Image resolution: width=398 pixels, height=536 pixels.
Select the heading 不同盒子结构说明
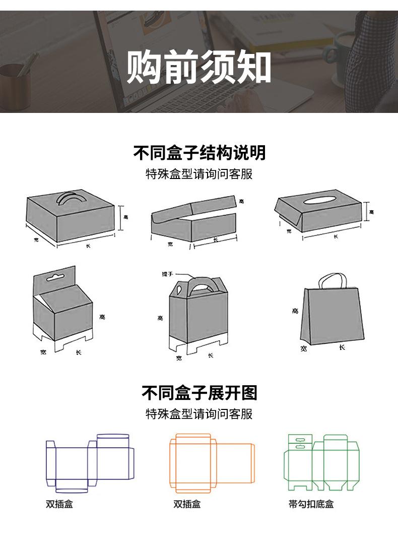(199, 152)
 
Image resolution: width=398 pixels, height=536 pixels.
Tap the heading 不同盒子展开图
(199, 392)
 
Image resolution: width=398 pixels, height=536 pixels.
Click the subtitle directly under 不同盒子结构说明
(199, 174)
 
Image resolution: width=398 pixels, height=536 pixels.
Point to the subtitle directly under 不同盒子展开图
(199, 414)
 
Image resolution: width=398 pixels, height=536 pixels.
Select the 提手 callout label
(167, 273)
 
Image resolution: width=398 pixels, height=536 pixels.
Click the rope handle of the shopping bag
(331, 280)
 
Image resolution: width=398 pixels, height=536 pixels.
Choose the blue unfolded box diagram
(90, 463)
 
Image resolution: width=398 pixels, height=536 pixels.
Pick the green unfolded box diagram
(322, 462)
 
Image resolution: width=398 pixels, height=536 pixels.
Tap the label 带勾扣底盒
(311, 504)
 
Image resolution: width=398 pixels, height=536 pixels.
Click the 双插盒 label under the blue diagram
(59, 504)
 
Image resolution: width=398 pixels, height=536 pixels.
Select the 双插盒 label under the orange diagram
(187, 504)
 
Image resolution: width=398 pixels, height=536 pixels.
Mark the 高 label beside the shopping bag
(295, 311)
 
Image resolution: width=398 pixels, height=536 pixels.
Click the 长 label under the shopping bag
(342, 347)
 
